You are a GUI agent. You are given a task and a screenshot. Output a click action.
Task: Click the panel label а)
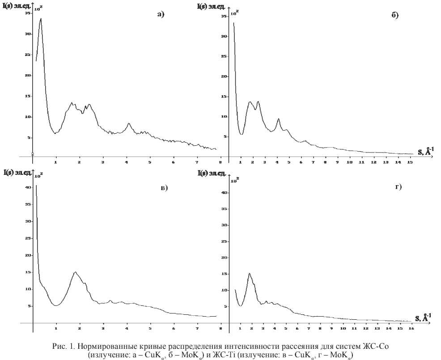tap(161, 14)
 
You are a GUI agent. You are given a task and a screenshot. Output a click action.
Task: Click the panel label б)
tap(395, 15)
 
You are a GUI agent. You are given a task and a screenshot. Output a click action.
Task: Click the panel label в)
tap(164, 188)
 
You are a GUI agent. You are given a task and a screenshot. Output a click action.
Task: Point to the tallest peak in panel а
tap(41, 19)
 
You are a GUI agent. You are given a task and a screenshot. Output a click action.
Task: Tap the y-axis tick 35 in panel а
tap(27, 13)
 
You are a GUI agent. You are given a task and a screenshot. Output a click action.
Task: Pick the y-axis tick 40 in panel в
tap(28, 187)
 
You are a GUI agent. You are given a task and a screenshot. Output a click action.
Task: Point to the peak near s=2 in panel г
tap(249, 274)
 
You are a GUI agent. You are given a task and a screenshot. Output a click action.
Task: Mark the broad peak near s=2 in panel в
tap(75, 272)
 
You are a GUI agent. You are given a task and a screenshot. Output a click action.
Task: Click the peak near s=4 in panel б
tap(278, 119)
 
